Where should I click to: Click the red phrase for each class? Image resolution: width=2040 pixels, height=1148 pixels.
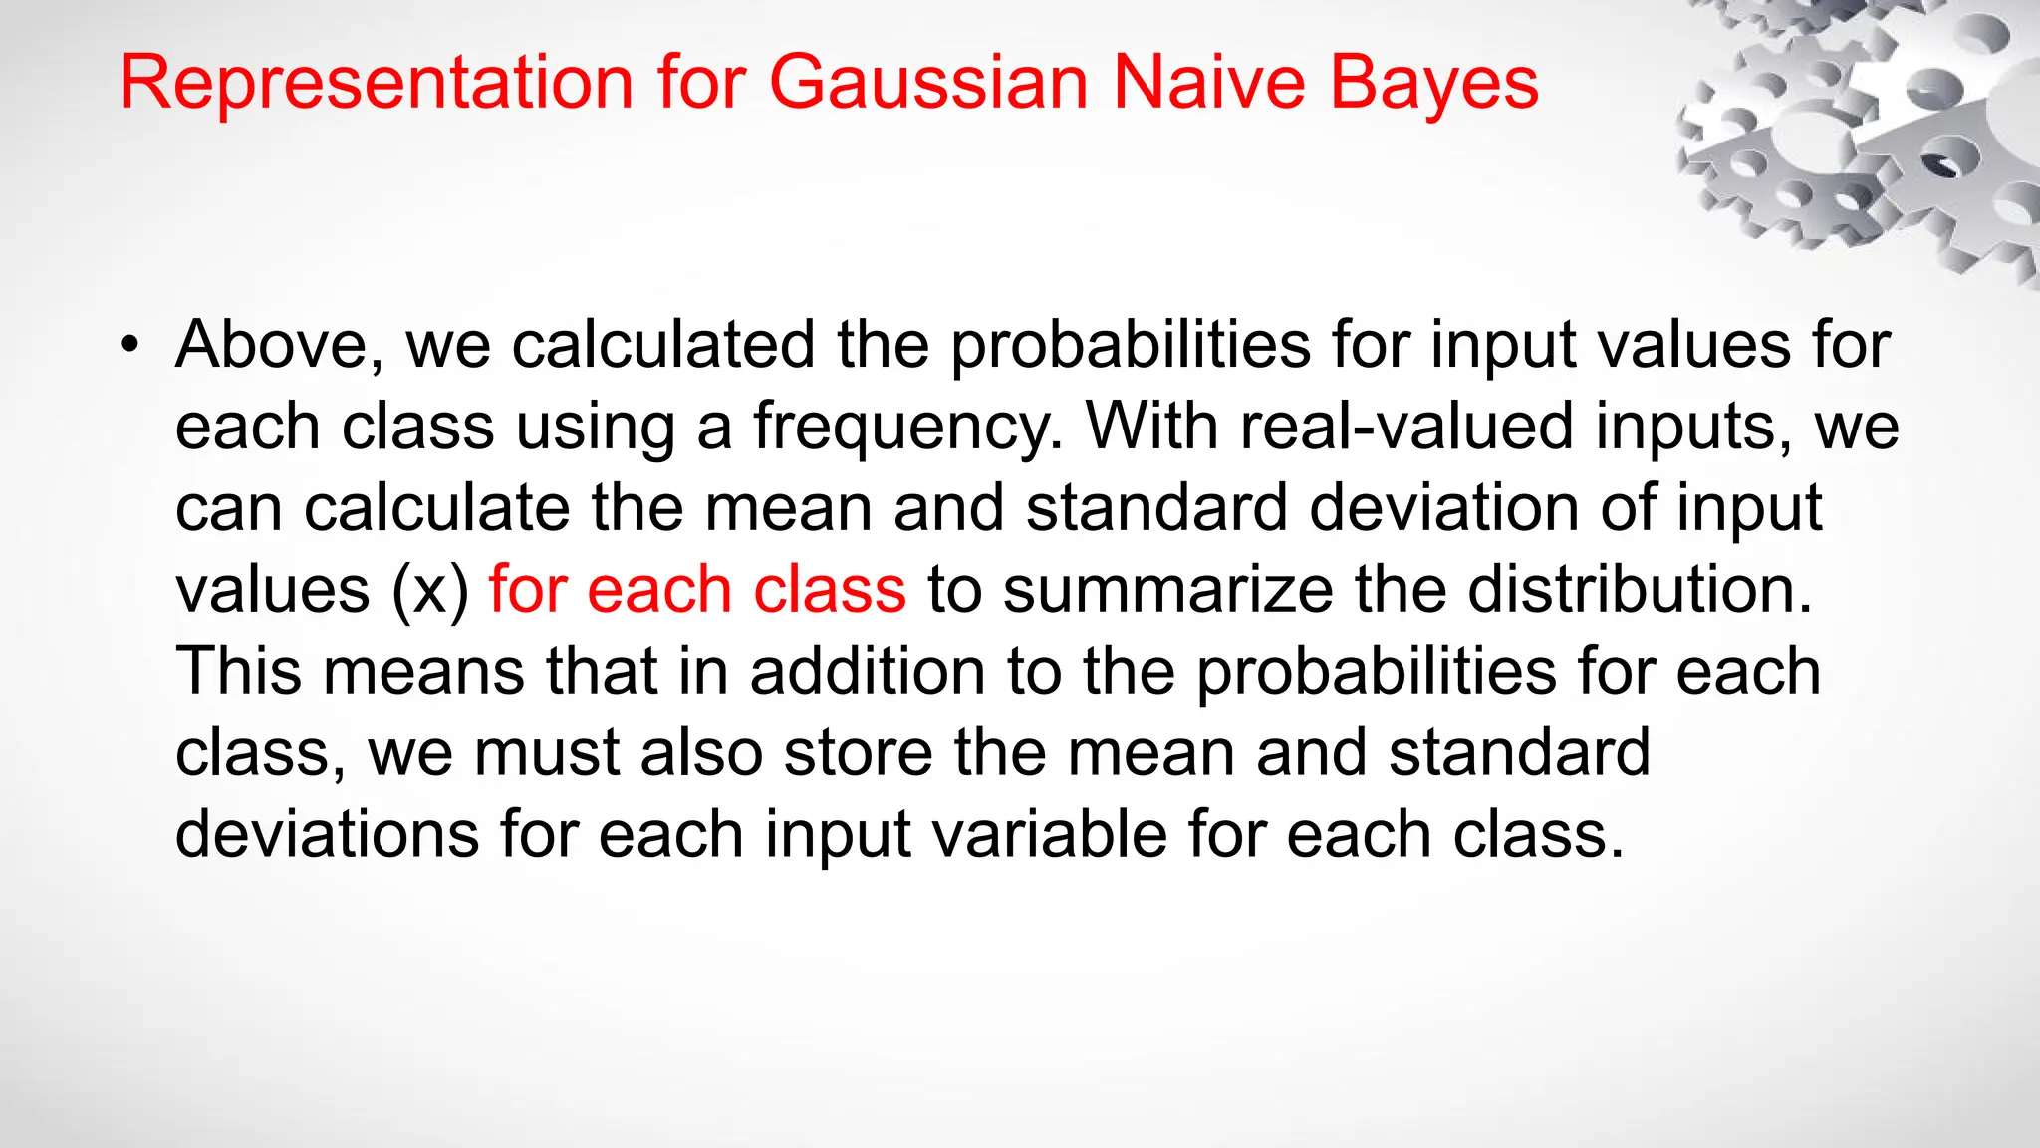pyautogui.click(x=697, y=589)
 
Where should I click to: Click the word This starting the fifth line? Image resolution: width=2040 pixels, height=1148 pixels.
pyautogui.click(x=238, y=671)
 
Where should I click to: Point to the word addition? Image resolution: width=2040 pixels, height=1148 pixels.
pyautogui.click(x=867, y=671)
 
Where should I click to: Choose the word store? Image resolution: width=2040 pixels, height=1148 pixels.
pyautogui.click(x=858, y=752)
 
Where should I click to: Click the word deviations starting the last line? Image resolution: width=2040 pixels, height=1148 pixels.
pyautogui.click(x=327, y=834)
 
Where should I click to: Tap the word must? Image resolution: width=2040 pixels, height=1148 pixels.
pyautogui.click(x=546, y=752)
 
